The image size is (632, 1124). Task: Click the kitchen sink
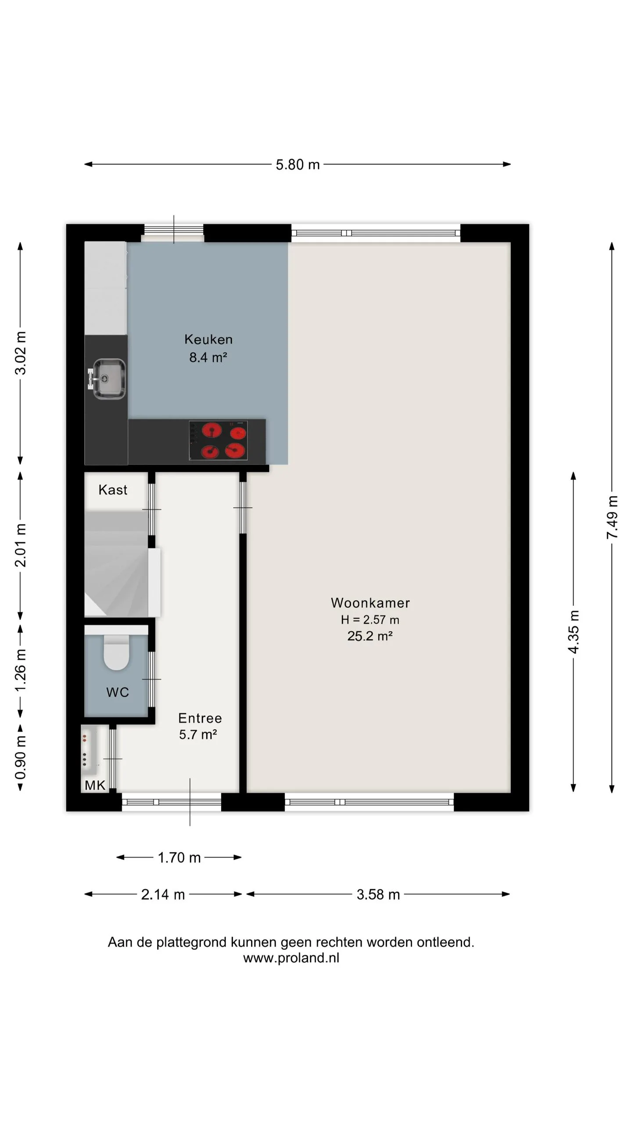tap(107, 378)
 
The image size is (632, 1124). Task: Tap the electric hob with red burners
tap(218, 440)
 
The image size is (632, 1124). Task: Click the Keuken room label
tap(208, 339)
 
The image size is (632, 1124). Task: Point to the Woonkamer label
tap(370, 603)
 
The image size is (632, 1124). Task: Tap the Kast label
tap(113, 490)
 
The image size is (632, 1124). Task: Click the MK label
tap(95, 785)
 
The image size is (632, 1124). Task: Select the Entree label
tap(200, 718)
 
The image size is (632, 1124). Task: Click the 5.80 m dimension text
tap(298, 165)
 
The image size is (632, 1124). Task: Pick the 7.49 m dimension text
tap(612, 517)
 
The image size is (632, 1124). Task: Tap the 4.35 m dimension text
tap(573, 631)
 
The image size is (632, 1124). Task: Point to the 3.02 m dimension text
tap(21, 353)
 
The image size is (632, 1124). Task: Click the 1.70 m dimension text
tap(179, 857)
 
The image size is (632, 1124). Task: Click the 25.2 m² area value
tap(370, 636)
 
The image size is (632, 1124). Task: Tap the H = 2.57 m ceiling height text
tap(370, 620)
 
